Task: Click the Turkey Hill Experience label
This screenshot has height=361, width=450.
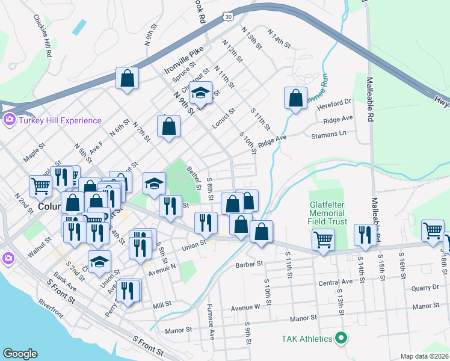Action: [x=60, y=120]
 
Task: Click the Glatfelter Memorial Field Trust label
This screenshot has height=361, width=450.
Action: [x=327, y=212]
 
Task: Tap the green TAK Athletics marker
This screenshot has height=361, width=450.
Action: [x=342, y=339]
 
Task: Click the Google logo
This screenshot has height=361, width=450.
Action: [x=20, y=354]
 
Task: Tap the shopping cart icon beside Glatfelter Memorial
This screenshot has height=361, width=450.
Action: [x=324, y=239]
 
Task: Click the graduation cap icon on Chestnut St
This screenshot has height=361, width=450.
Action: [x=201, y=92]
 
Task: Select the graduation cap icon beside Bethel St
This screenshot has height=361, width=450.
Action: [x=154, y=182]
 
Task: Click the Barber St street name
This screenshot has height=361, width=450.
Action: [x=250, y=264]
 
